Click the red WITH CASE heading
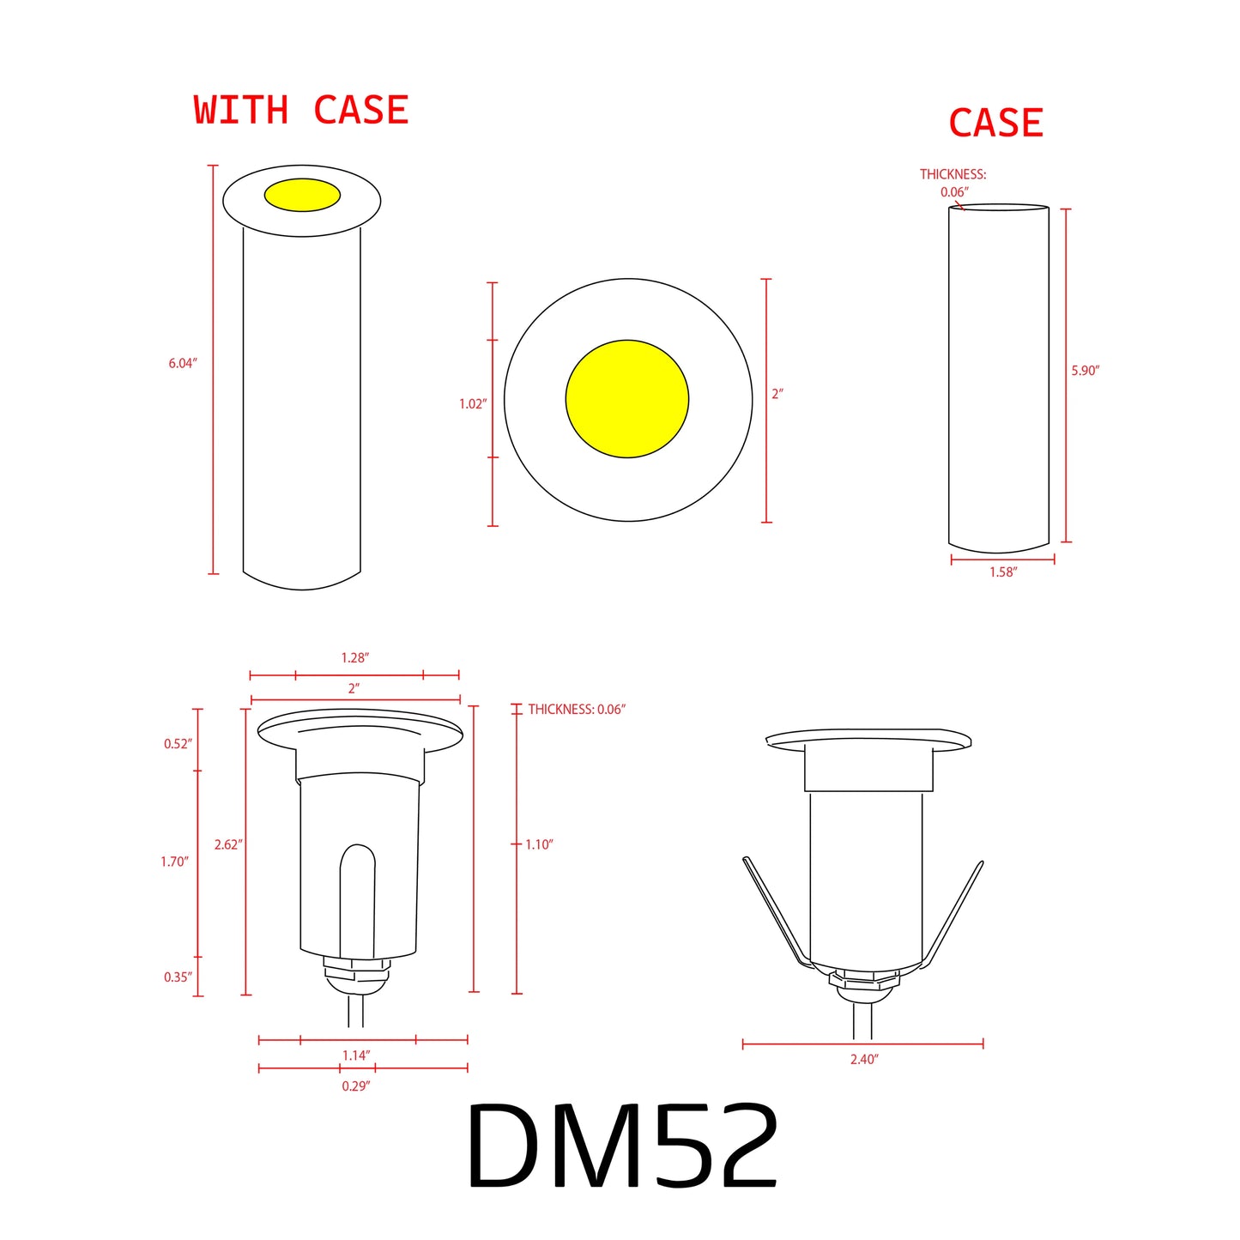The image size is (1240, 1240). [x=300, y=111]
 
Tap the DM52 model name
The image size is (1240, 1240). [x=621, y=1146]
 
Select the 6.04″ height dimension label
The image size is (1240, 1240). [x=182, y=364]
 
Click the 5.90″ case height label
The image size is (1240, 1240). [x=1085, y=371]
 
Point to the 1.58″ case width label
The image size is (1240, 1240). [x=1002, y=572]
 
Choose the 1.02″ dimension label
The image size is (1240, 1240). [x=472, y=404]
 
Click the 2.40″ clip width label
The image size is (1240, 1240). [x=863, y=1060]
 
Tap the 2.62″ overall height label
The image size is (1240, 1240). [x=228, y=845]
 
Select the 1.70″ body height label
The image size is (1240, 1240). [x=174, y=862]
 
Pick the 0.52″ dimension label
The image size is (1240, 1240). [x=178, y=744]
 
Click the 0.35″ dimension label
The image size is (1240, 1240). [x=178, y=977]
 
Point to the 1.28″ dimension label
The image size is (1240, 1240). [x=354, y=658]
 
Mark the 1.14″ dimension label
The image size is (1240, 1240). [x=356, y=1056]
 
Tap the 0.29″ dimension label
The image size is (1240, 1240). [x=355, y=1086]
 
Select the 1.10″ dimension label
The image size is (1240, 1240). [x=539, y=845]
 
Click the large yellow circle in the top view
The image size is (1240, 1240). [x=627, y=399]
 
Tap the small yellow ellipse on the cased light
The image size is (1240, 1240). [x=302, y=195]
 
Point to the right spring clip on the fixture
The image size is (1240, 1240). [x=953, y=914]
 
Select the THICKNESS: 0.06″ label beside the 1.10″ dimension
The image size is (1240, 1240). [x=577, y=710]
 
